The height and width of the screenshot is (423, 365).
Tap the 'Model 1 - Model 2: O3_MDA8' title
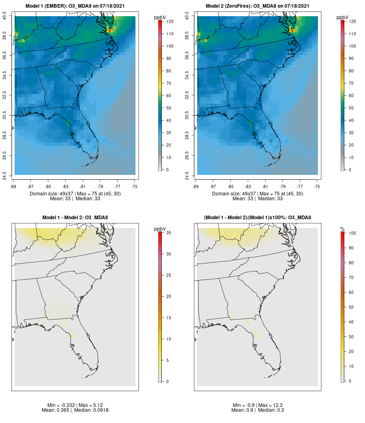pyautogui.click(x=75, y=218)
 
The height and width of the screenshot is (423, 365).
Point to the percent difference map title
pyautogui.click(x=258, y=218)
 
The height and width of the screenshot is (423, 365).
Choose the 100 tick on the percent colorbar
pyautogui.click(x=352, y=233)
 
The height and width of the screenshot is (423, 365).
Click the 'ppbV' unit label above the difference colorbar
pyautogui.click(x=160, y=229)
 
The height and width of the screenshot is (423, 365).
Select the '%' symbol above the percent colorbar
pyautogui.click(x=342, y=229)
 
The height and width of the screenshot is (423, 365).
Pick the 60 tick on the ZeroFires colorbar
pyautogui.click(x=351, y=96)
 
